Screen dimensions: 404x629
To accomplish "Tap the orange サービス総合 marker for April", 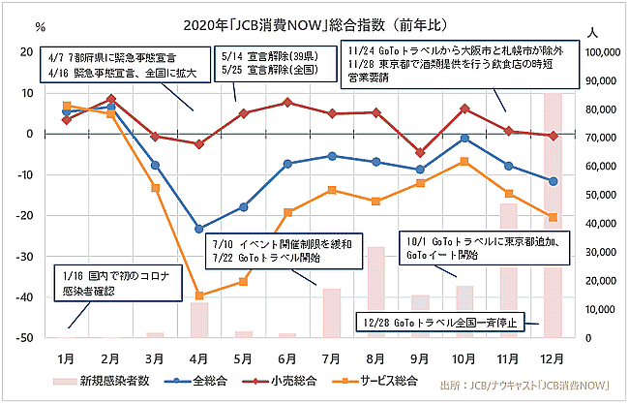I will (199, 295).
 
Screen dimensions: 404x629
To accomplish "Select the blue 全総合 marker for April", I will (199, 229).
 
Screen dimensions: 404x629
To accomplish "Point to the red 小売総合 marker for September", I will (420, 152).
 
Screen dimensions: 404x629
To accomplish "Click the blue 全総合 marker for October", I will (465, 139).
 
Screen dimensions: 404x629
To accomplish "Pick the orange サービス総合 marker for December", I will (554, 217).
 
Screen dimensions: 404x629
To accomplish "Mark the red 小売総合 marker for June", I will (287, 102).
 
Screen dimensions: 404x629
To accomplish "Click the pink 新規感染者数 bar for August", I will (375, 292).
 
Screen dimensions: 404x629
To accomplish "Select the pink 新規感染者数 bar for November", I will (509, 270).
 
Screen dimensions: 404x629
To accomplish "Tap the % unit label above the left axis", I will (42, 26).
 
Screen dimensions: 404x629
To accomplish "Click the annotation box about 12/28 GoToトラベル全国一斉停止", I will (441, 321).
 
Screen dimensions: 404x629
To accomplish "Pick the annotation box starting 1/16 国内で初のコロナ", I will (101, 282).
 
